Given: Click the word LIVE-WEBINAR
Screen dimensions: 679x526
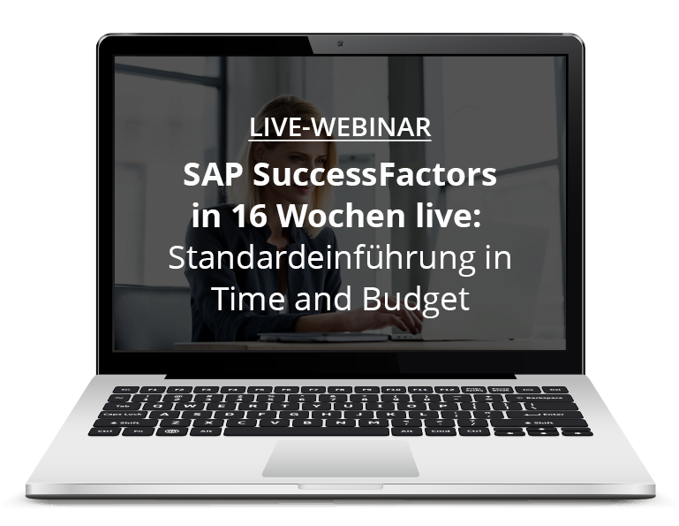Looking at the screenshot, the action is (340, 127).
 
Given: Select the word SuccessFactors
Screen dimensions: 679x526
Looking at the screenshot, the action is (374, 174).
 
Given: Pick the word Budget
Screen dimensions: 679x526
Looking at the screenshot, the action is (416, 299).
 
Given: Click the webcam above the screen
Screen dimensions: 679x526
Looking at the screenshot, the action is (340, 43).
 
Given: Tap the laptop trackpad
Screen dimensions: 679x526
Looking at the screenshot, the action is (340, 458).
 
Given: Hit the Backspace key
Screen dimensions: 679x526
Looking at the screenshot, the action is (541, 398).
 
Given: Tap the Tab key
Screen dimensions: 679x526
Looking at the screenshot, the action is (124, 406).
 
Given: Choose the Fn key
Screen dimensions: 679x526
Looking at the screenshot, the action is (138, 432).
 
